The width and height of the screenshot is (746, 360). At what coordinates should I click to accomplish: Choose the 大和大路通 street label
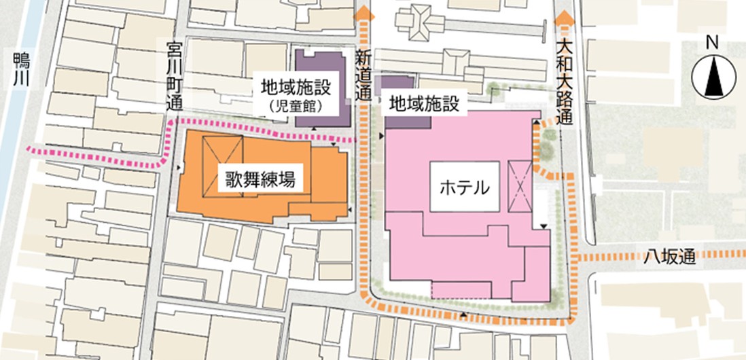[563, 82]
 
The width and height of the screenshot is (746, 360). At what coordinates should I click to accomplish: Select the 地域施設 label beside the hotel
[423, 103]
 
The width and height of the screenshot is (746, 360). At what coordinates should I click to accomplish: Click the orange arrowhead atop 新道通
[364, 12]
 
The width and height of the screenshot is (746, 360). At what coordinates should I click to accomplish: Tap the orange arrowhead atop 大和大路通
[563, 18]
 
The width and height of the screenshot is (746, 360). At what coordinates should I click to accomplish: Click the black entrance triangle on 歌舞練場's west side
[179, 166]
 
